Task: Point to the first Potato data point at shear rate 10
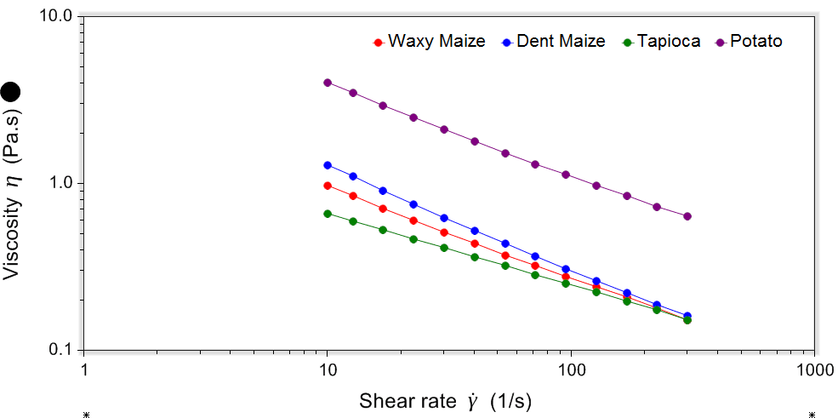click(x=328, y=83)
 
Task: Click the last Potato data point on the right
click(x=687, y=216)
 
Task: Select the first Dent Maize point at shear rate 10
click(x=328, y=165)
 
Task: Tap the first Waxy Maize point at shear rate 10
click(x=328, y=186)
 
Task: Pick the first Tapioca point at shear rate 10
click(x=328, y=214)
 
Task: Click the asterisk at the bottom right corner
click(x=812, y=415)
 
